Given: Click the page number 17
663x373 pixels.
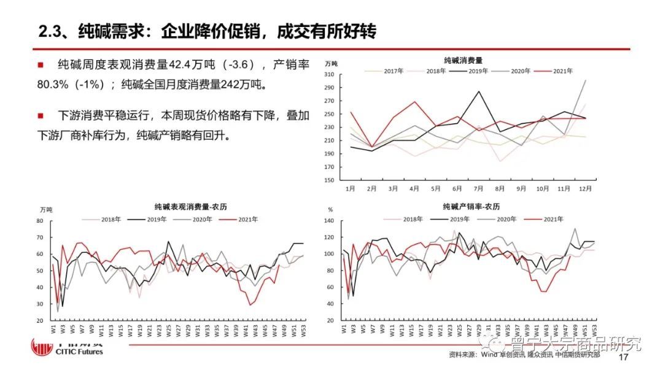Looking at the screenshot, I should tap(624, 357).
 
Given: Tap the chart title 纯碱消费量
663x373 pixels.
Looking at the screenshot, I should tap(463, 61).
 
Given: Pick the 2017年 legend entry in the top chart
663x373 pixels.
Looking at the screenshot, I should tap(393, 71).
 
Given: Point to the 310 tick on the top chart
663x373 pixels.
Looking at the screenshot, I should tap(328, 75).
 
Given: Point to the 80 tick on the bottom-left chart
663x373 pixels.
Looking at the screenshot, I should tap(40, 221).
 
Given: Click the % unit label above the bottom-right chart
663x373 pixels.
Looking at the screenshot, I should tap(331, 210).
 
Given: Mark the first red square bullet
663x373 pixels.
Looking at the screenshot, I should tap(41, 64).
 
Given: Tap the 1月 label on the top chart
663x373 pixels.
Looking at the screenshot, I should tap(351, 189).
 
